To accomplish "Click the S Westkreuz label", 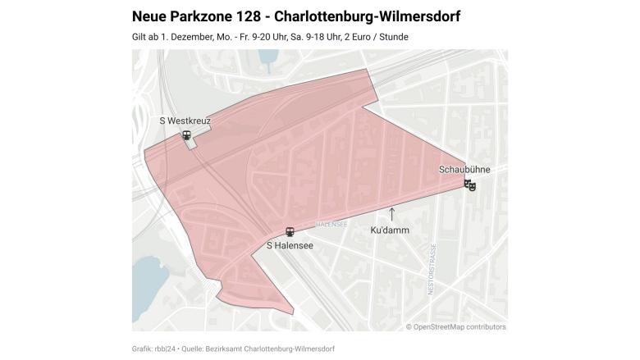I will (x=185, y=121).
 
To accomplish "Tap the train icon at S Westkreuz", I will (x=187, y=135).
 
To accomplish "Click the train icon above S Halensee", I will (x=289, y=231).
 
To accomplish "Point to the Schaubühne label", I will (x=464, y=170).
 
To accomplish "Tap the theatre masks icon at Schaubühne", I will (x=470, y=185).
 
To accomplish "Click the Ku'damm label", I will (x=390, y=230).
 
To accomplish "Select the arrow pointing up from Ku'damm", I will (x=391, y=216).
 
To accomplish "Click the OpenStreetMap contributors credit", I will (x=455, y=326).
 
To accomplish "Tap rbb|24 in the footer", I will (x=162, y=349).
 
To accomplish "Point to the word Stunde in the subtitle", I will (x=394, y=37).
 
